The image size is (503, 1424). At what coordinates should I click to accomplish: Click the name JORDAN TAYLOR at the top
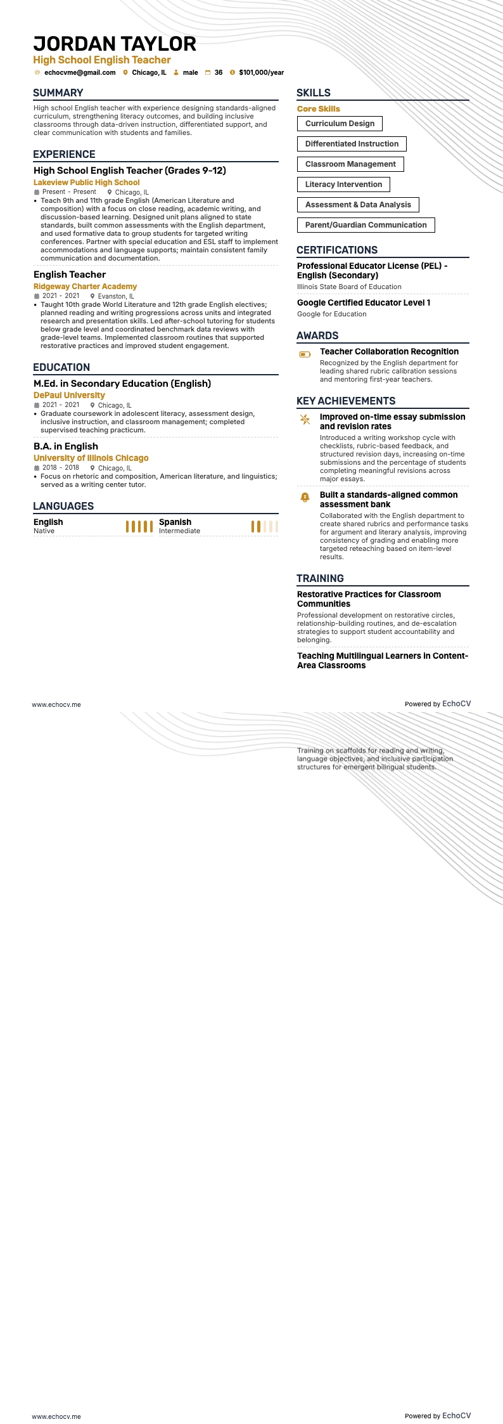click(115, 44)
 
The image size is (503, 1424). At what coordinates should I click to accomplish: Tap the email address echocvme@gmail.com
click(80, 73)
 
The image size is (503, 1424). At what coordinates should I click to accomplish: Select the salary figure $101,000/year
click(261, 73)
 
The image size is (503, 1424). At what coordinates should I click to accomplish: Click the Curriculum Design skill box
click(340, 124)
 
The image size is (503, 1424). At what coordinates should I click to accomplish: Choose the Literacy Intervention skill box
click(343, 184)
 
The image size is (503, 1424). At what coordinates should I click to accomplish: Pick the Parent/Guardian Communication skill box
click(366, 225)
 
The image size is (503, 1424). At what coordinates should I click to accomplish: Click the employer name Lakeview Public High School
click(86, 183)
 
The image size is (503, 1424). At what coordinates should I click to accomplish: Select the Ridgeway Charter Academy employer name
click(85, 287)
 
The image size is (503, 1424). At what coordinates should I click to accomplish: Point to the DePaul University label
click(69, 396)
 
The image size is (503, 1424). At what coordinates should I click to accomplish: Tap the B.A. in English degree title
click(66, 446)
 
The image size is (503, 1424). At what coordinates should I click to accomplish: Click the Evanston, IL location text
click(116, 296)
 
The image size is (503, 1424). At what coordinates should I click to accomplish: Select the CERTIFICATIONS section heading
click(337, 250)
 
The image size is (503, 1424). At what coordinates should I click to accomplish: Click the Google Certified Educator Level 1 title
click(364, 303)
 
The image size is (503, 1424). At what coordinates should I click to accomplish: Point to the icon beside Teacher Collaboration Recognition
click(305, 354)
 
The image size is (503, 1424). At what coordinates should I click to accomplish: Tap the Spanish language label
click(175, 522)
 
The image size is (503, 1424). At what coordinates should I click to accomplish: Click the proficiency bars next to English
click(139, 526)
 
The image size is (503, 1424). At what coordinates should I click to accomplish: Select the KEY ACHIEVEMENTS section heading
click(346, 401)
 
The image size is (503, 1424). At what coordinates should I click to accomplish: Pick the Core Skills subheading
click(319, 109)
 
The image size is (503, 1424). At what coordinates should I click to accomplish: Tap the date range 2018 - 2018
click(61, 468)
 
